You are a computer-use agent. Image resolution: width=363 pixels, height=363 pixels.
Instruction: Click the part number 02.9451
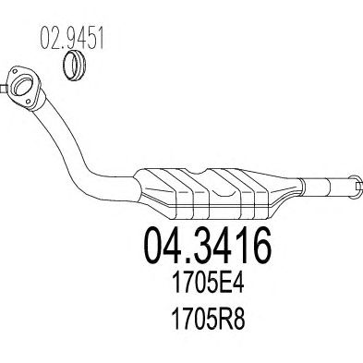point(72,38)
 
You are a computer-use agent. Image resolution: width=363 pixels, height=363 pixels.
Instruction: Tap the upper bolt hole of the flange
point(15,72)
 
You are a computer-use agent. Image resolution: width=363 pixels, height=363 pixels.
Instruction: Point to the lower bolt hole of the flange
point(29,102)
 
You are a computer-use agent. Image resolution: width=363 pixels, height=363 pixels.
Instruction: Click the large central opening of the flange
point(24,84)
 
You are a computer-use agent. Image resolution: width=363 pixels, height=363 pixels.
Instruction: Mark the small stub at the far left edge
point(3,89)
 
